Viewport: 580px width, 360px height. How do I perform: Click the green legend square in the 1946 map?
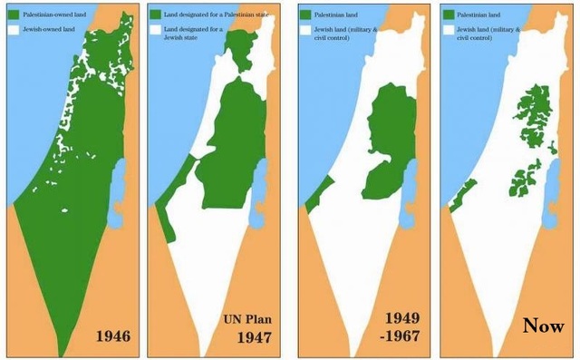12,15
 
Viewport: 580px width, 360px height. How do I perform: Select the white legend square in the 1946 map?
12,30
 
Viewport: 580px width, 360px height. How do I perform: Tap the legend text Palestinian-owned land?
53,15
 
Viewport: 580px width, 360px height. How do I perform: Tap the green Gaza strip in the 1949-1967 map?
313,201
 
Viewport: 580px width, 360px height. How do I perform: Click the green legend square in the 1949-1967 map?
304,15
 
